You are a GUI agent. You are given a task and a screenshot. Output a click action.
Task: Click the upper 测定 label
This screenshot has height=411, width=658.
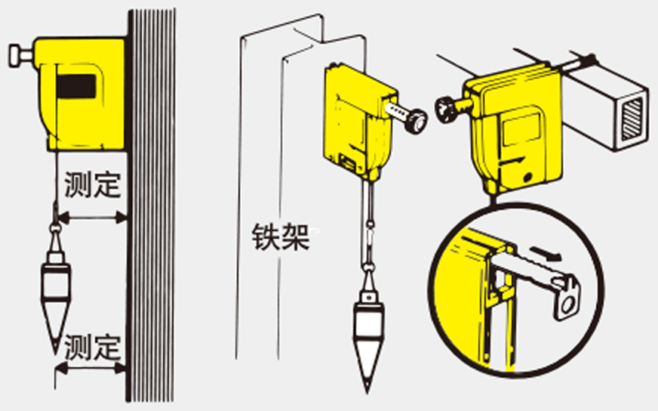click(x=92, y=185)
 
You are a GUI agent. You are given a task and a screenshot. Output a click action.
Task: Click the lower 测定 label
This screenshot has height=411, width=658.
click(x=92, y=348)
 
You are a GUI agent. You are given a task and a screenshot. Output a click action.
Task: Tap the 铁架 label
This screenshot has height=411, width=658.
click(x=280, y=237)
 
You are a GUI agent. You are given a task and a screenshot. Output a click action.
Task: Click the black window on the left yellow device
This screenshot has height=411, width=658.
click(x=76, y=87)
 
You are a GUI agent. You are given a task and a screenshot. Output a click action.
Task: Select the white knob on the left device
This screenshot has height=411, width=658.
click(x=20, y=55)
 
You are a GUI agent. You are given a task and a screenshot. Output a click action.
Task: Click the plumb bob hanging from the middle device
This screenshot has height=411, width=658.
click(x=368, y=328)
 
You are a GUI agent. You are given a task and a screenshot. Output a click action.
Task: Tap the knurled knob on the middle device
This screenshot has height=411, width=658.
click(x=417, y=121)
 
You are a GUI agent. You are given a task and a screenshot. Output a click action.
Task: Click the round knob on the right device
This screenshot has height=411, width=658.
click(x=447, y=110)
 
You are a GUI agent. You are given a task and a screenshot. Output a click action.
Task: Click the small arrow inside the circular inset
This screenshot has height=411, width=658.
click(x=545, y=254)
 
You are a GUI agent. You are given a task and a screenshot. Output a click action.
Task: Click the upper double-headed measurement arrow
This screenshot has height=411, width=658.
click(x=92, y=218)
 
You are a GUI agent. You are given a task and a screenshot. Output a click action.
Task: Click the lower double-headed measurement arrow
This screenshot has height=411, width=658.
click(x=91, y=369)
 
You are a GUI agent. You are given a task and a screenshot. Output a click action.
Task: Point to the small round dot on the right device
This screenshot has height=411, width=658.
click(x=529, y=178)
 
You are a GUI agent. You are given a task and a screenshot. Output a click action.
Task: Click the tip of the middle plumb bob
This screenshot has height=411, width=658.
click(x=367, y=393)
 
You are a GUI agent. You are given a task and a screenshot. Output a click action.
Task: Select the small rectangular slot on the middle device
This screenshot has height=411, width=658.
click(x=348, y=162)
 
